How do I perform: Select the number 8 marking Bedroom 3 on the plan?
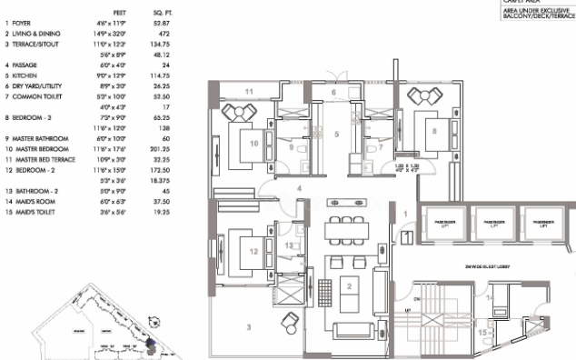(435, 131)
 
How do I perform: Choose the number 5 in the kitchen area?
(335, 134)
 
